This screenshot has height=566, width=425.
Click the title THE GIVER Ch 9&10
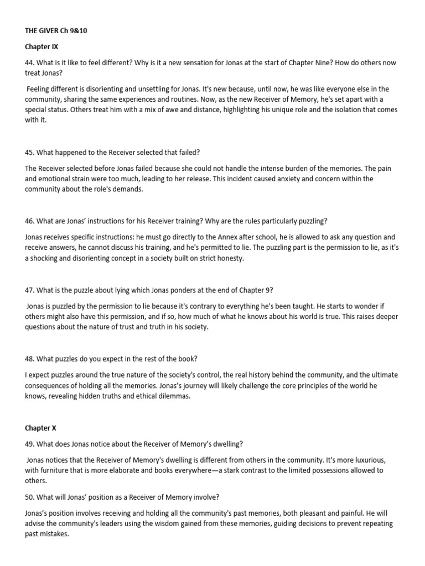pyautogui.click(x=56, y=31)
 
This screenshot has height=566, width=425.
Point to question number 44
pyautogui.click(x=30, y=63)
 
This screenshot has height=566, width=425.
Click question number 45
pyautogui.click(x=30, y=153)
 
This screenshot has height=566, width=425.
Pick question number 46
pyautogui.click(x=30, y=221)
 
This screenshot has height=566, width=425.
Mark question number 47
pyautogui.click(x=30, y=290)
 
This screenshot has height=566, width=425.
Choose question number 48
pyautogui.click(x=30, y=358)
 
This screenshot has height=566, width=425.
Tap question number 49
pyautogui.click(x=30, y=444)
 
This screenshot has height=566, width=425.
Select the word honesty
pyautogui.click(x=230, y=258)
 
